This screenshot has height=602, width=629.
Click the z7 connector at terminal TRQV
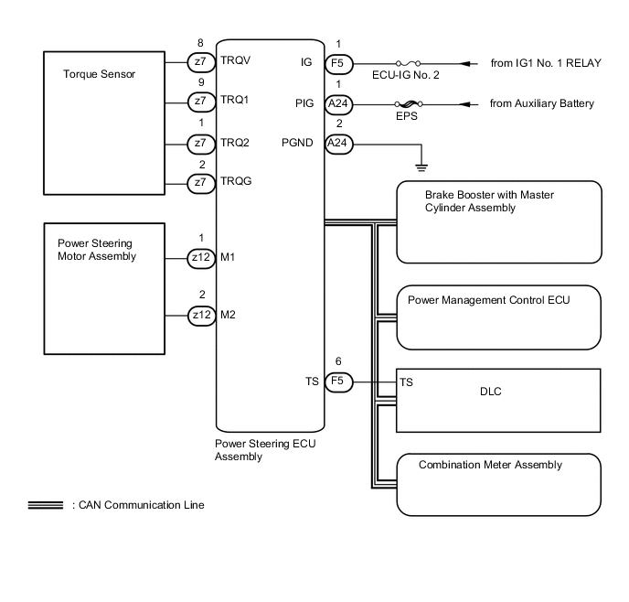[x=200, y=61]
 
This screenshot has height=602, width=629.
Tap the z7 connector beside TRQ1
[x=200, y=101]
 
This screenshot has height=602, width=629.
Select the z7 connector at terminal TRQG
[x=200, y=183]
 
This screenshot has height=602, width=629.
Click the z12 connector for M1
[x=200, y=259]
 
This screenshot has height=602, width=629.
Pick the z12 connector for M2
[x=200, y=316]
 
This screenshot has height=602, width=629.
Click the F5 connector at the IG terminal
[x=338, y=62]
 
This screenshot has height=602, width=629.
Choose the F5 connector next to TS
[x=338, y=382]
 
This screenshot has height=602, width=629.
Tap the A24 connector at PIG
[x=338, y=103]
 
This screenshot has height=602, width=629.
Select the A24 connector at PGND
[x=338, y=143]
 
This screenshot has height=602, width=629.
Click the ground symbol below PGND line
[x=421, y=167]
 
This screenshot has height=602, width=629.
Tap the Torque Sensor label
[x=99, y=74]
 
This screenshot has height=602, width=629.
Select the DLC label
[x=491, y=392]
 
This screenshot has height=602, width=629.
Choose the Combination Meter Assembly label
[x=490, y=465]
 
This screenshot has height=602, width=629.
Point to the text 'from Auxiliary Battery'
[x=541, y=103]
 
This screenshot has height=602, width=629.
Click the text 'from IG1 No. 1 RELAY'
[x=545, y=62]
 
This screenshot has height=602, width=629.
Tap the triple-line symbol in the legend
[x=45, y=505]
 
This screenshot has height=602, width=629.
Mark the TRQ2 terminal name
[x=236, y=142]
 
